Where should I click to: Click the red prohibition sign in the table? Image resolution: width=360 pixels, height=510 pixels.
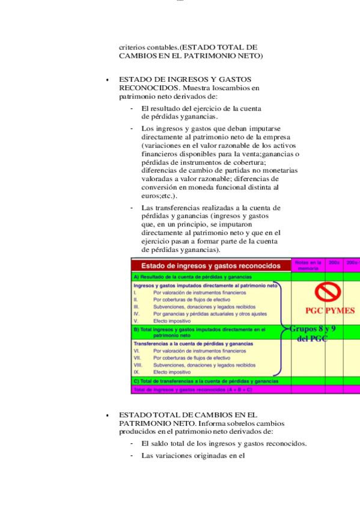(x=328, y=293)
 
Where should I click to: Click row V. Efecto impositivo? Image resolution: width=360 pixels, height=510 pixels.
(x=168, y=321)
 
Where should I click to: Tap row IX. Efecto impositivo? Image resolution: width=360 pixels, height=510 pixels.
(x=168, y=372)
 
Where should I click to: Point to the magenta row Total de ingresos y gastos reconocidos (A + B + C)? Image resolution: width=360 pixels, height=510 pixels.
(x=192, y=389)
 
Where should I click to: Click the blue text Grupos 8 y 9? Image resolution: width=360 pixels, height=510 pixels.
(x=313, y=329)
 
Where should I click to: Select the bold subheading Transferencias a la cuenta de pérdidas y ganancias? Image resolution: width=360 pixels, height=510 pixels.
(x=193, y=343)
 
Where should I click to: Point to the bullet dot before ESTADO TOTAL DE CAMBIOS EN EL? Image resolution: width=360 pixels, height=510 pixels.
(x=106, y=416)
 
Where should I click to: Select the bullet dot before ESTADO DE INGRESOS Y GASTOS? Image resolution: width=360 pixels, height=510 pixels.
(x=106, y=80)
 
